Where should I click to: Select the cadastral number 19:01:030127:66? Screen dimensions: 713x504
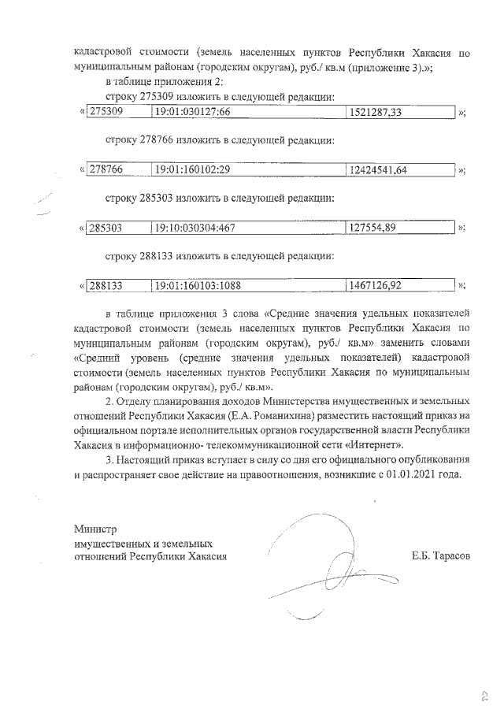[x=192, y=113]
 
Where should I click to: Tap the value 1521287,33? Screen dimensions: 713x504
[x=376, y=113]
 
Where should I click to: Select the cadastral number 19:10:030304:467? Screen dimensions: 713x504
[x=196, y=228]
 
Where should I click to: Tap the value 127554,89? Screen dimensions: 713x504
[x=373, y=228]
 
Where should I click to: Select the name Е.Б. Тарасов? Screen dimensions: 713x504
[x=440, y=556]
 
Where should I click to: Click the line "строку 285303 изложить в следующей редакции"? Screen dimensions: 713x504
[x=220, y=198]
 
